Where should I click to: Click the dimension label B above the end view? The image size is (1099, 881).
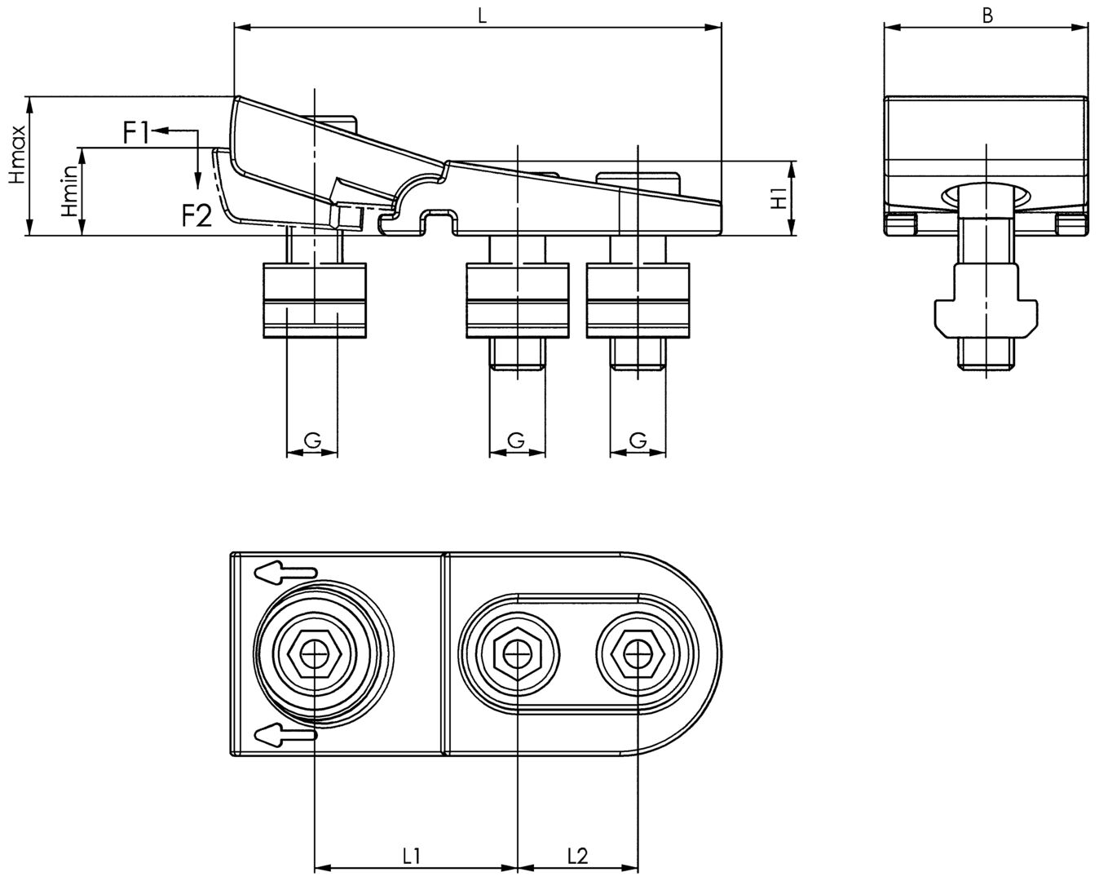pyautogui.click(x=987, y=15)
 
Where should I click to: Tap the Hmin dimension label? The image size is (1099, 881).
pyautogui.click(x=71, y=191)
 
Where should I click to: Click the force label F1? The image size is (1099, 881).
pyautogui.click(x=136, y=132)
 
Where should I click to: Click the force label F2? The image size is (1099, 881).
pyautogui.click(x=196, y=215)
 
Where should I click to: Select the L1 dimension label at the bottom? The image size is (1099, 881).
pyautogui.click(x=412, y=856)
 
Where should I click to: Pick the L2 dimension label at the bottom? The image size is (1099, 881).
pyautogui.click(x=576, y=856)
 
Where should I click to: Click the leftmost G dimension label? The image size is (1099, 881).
pyautogui.click(x=311, y=440)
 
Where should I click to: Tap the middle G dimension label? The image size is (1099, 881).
pyautogui.click(x=515, y=440)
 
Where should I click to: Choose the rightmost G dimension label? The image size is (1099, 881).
pyautogui.click(x=638, y=440)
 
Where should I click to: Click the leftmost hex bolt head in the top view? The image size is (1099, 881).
pyautogui.click(x=314, y=653)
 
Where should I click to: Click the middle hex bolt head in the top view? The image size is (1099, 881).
pyautogui.click(x=517, y=653)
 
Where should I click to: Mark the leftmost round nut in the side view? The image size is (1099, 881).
pyautogui.click(x=313, y=300)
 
